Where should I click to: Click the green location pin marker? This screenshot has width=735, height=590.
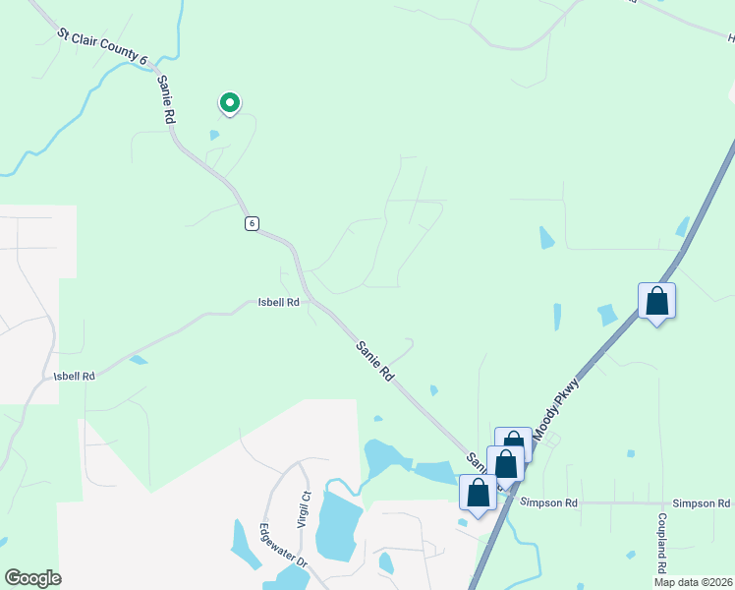229,102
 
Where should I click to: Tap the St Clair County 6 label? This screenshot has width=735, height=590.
101,48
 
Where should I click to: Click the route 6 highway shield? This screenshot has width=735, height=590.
253,223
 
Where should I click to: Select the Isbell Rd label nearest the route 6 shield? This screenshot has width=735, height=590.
278,303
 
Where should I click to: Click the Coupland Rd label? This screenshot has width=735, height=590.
662,542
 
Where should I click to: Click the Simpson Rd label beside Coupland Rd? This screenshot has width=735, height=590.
701,502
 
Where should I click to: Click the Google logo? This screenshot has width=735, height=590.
32,578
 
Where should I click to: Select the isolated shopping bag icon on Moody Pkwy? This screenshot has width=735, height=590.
656,301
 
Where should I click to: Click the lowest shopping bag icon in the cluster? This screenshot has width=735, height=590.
478,493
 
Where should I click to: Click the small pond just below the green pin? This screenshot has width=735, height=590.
214,135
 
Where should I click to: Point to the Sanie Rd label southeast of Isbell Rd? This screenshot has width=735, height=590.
374,359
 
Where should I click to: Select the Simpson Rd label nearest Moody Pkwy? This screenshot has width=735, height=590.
549,502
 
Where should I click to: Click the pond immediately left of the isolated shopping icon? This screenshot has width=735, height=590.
608,315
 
